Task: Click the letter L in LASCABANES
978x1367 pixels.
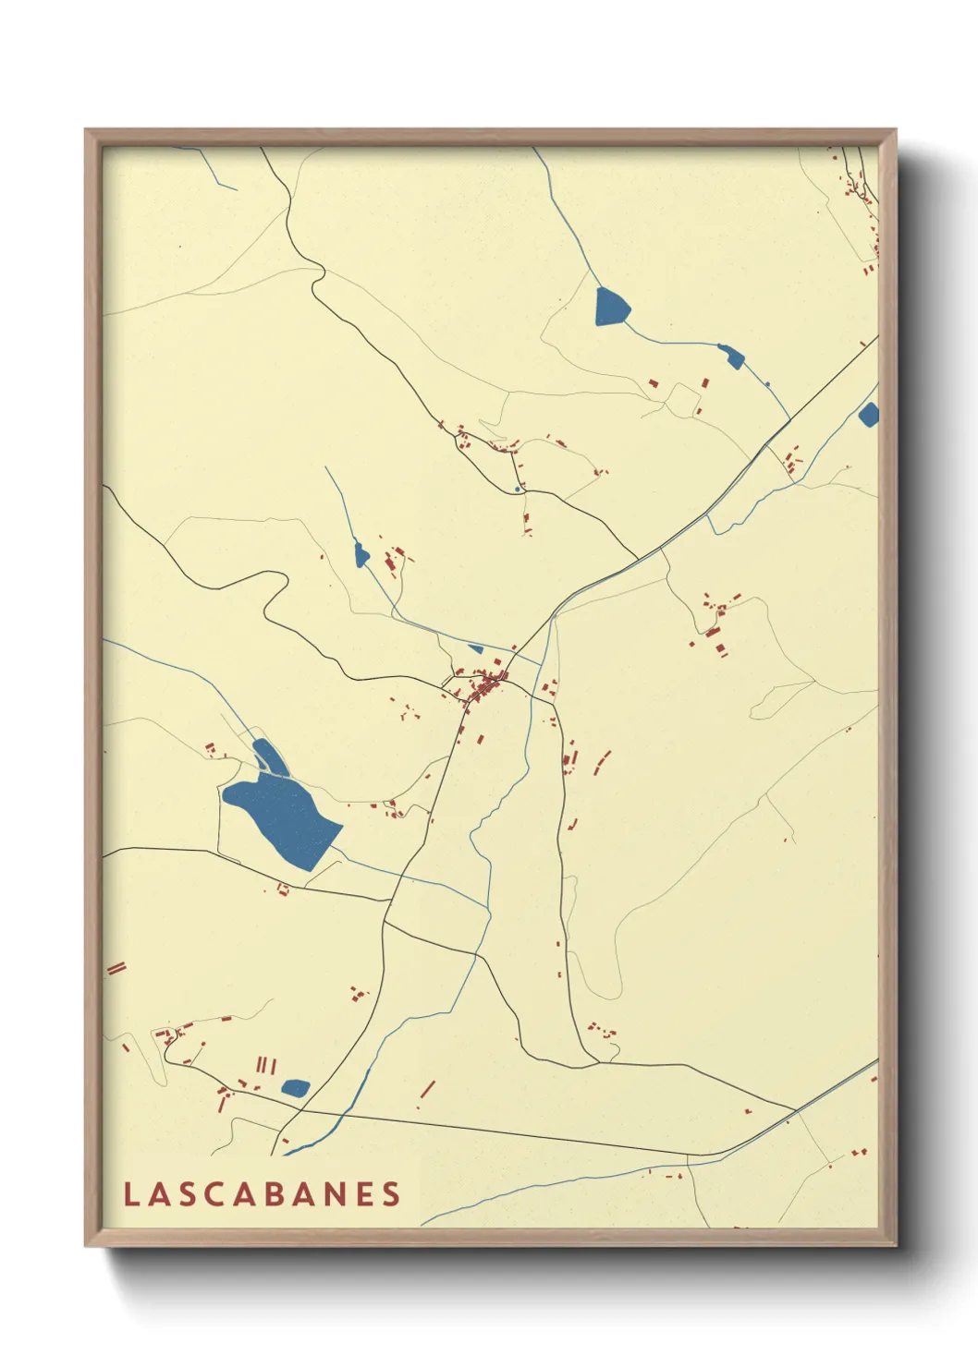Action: pyautogui.click(x=131, y=1194)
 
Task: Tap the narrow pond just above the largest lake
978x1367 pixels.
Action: pyautogui.click(x=267, y=756)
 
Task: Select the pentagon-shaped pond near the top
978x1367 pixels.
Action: pyautogui.click(x=611, y=307)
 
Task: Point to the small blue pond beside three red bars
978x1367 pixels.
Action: pyautogui.click(x=295, y=1087)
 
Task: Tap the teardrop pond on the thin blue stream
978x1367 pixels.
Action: pyautogui.click(x=361, y=554)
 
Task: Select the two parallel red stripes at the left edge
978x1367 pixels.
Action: pyautogui.click(x=116, y=968)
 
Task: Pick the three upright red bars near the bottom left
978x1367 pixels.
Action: pyautogui.click(x=266, y=1065)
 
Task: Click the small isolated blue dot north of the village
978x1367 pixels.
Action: pyautogui.click(x=516, y=489)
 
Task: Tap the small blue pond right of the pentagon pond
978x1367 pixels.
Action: pyautogui.click(x=731, y=356)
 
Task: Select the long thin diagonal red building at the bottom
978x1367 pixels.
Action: pyautogui.click(x=427, y=1089)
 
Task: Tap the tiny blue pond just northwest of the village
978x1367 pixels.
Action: pyautogui.click(x=476, y=648)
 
